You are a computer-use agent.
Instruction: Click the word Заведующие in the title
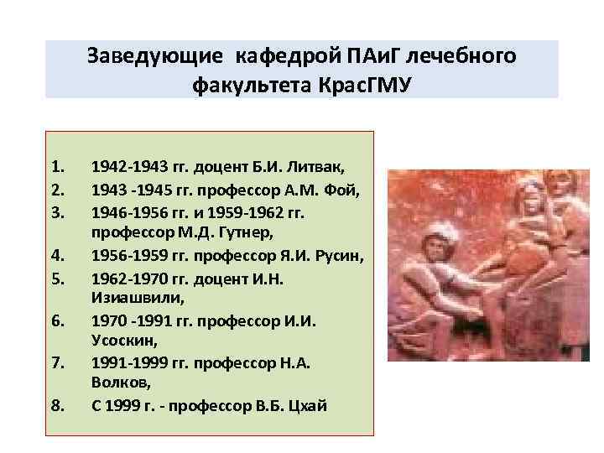(156, 57)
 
